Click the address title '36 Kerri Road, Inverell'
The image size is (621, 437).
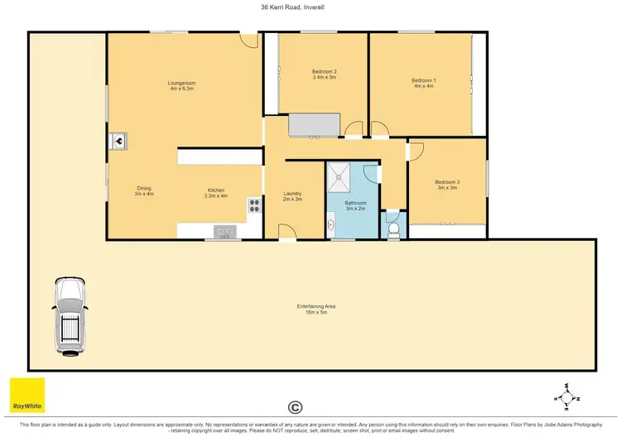click(310, 7)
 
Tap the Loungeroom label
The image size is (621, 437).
click(181, 85)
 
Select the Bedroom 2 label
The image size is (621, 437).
click(324, 74)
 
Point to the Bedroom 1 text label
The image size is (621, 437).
click(423, 83)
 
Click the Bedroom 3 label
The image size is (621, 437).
click(446, 185)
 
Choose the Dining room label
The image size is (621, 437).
click(144, 191)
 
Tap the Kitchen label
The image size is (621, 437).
click(216, 193)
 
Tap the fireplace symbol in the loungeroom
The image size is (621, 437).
click(118, 141)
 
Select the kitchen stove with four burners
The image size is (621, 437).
click(253, 205)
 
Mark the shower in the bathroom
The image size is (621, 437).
click(340, 175)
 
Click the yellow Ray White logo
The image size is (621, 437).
click(27, 396)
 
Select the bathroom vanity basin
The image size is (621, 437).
click(330, 222)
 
